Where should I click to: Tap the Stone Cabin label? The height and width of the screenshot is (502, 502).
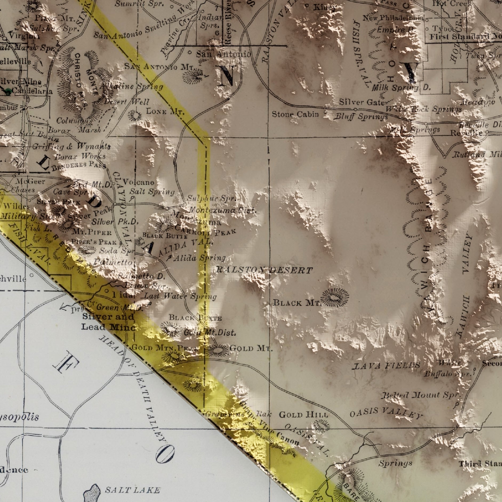click(295, 114)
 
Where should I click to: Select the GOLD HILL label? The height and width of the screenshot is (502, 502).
click(303, 415)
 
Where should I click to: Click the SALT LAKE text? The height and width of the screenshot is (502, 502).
click(132, 490)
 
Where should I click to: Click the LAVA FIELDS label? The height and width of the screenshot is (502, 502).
click(386, 365)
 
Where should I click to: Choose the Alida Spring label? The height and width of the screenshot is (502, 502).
click(199, 258)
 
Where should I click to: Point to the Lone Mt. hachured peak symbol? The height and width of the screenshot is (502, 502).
click(135, 115)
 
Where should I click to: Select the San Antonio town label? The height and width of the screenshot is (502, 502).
click(223, 54)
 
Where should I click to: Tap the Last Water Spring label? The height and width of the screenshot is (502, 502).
click(180, 296)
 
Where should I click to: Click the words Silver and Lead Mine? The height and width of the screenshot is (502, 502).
click(108, 322)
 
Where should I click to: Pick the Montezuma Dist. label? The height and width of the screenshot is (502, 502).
click(223, 210)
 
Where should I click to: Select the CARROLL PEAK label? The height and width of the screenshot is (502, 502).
click(205, 231)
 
